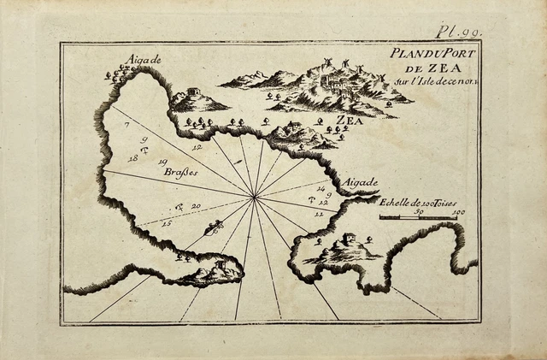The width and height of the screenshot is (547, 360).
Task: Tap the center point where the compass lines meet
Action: tap(254, 198)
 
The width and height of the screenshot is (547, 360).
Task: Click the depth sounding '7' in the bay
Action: tap(126, 125)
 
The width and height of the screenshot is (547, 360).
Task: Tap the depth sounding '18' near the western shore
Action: tap(132, 158)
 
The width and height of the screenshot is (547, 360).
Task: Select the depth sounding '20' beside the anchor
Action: tap(196, 206)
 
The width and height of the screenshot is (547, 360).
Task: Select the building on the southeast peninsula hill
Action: tap(348, 239)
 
